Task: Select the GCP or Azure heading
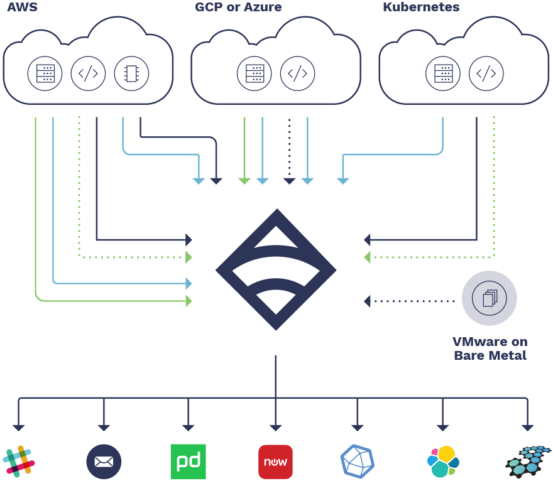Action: coord(238,8)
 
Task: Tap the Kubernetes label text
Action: coord(421,8)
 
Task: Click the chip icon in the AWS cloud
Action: coord(131,73)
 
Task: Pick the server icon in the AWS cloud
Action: coord(45,73)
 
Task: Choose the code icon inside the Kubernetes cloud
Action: coord(486,73)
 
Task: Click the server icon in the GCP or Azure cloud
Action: coord(255,73)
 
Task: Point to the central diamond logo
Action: coord(276,270)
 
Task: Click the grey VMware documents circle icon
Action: coord(489,298)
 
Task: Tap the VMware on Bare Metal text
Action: coord(490,349)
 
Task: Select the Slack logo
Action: coord(19,462)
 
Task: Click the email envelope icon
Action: coord(104,462)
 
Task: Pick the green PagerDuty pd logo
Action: coord(188,462)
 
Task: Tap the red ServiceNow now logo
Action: coord(275,462)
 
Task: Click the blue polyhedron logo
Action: coord(357,462)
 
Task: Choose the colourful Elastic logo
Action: coord(443,462)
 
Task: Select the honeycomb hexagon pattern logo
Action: coord(528,462)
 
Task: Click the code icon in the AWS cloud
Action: coord(88,73)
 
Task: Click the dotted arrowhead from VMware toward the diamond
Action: coord(368,301)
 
